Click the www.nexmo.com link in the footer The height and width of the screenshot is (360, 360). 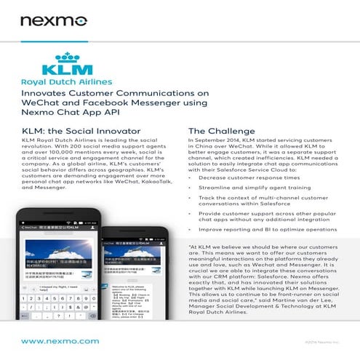click(x=60, y=340)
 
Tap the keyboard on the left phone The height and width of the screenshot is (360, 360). click(x=55, y=305)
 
